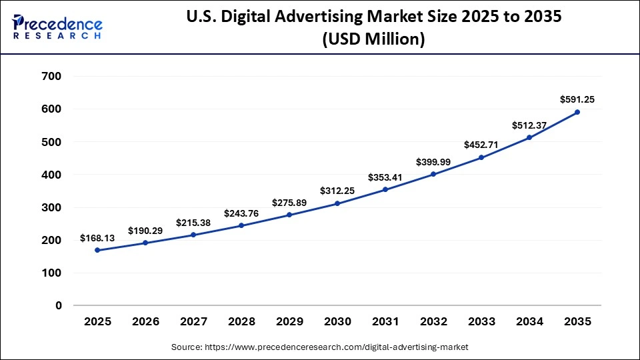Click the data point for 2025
pos(97,250)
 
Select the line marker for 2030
pos(337,203)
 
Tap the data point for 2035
pos(577,112)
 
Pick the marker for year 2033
pos(481,157)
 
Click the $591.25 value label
pos(577,99)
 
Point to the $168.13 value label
pos(97,237)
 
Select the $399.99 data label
pos(433,162)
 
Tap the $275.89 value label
pos(289,202)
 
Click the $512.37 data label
pos(529,125)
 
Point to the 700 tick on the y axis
pos(51,76)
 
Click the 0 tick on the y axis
pos(59,305)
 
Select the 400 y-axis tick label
pos(51,175)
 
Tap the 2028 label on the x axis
pos(241,321)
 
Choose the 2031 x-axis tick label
pos(385,321)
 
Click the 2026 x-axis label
pos(145,321)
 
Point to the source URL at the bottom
pos(320,347)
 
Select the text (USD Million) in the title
pos(373,40)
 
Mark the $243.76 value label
pos(241,213)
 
